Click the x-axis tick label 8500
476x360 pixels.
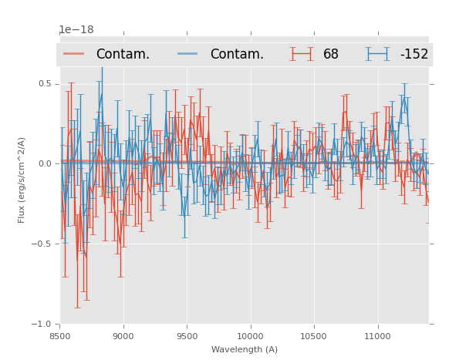pos(59,336)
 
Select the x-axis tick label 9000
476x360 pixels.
pos(123,336)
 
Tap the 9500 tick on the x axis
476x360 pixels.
pos(187,336)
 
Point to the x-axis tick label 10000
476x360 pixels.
pos(250,336)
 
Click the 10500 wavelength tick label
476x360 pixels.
pos(313,336)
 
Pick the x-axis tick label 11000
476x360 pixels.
pos(377,336)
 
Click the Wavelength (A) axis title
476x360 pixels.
pos(245,349)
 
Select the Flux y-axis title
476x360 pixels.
pos(22,180)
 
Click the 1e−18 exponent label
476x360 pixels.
pos(76,30)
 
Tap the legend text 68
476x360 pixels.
pos(331,54)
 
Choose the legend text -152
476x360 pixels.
pos(414,54)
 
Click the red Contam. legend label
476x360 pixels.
pos(123,54)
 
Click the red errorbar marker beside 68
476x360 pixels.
pos(302,54)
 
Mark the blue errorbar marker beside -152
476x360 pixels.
pos(377,54)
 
